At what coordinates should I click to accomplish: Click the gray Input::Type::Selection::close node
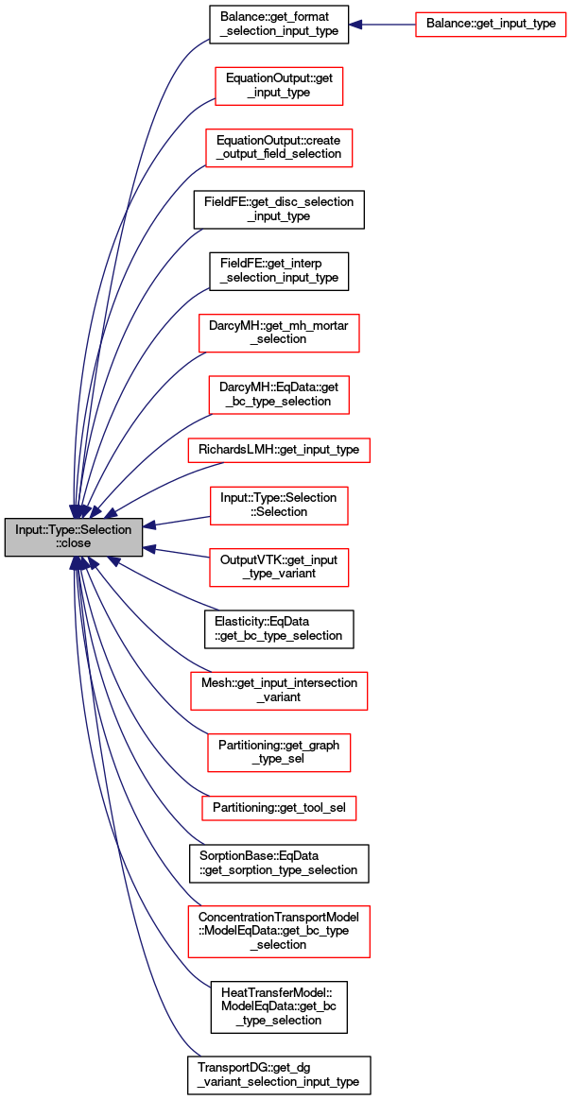74,537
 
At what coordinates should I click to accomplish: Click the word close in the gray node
74,544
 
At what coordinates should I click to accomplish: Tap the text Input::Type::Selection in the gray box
74,530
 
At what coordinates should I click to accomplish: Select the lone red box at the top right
491,25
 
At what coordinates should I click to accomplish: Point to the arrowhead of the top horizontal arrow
355,25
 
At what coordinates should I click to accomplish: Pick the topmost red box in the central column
279,86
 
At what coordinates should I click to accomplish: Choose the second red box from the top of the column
279,148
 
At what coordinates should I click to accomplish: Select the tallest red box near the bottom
278,932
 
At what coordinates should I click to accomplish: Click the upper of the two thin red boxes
278,451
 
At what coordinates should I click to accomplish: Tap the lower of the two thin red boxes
279,809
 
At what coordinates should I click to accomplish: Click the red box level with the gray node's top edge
279,506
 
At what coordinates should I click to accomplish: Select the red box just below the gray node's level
279,568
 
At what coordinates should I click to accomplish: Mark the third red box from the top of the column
279,334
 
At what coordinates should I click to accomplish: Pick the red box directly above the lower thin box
279,753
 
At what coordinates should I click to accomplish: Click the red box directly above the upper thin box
279,395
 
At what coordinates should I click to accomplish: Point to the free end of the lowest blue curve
200,1055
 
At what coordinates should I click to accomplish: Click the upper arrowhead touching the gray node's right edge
149,525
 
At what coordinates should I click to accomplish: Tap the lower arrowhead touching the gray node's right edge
149,549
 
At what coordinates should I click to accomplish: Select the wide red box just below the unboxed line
279,691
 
